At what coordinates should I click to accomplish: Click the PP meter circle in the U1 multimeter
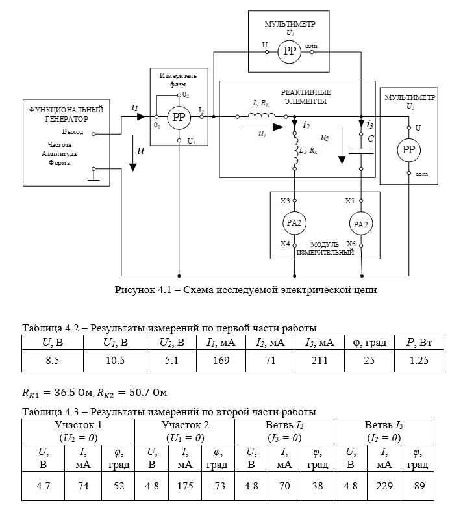[x=289, y=51]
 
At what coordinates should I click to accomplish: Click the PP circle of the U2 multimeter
[x=408, y=150]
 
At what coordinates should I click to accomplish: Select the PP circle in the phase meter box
[x=179, y=117]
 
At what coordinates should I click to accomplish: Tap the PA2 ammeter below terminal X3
[x=294, y=223]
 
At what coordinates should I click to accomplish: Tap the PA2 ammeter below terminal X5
[x=361, y=224]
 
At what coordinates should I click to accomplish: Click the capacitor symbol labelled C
[x=361, y=151]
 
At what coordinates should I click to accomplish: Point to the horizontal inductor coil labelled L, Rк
[x=261, y=115]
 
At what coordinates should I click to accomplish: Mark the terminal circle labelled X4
[x=295, y=246]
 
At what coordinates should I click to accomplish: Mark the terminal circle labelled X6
[x=361, y=246]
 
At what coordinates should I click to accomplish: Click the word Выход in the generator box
[x=73, y=131]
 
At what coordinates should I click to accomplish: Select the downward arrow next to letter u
[x=132, y=153]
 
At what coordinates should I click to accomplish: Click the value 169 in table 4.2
[x=221, y=361]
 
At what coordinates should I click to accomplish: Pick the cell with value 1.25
[x=419, y=361]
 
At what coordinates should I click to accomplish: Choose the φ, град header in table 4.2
[x=369, y=343]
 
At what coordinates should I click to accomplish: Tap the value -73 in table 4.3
[x=218, y=486]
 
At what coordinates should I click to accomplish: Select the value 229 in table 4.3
[x=384, y=486]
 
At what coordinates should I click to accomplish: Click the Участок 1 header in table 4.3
[x=78, y=425]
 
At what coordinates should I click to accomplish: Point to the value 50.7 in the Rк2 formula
[x=134, y=393]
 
